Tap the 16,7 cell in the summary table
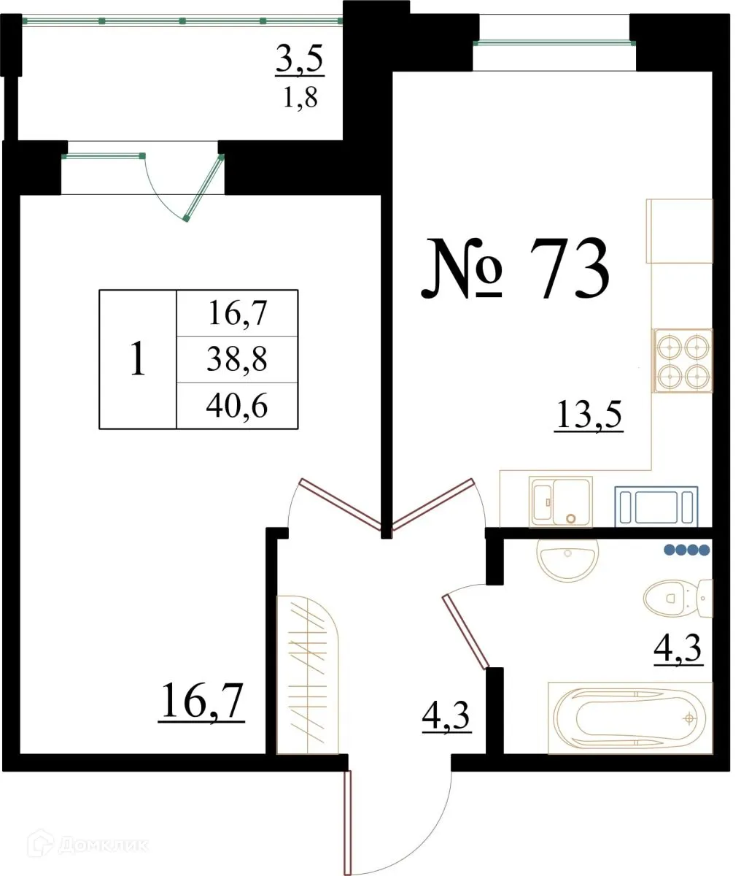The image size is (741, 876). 238,314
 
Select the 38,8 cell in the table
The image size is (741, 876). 238,359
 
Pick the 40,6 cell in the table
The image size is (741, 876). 238,405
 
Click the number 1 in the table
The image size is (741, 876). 137,360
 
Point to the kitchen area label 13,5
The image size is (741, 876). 589,416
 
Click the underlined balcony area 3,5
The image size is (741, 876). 299,61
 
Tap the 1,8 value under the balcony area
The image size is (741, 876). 300,97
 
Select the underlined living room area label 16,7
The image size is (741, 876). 201,702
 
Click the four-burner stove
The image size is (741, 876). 682,361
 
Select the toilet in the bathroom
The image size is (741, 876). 677,598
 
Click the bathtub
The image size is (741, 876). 629,718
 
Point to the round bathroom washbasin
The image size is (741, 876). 567,558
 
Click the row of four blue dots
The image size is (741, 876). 686,550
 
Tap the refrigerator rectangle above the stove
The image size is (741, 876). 679,231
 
